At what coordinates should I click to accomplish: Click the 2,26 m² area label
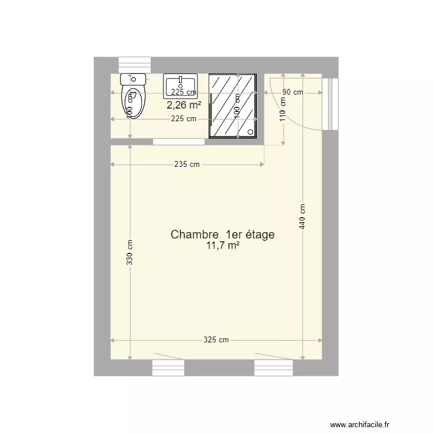[184, 105]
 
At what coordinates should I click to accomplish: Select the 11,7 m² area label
[222, 245]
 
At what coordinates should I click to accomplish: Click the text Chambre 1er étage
[222, 234]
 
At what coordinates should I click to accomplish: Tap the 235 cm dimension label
[186, 165]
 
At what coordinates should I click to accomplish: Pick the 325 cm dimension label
[215, 340]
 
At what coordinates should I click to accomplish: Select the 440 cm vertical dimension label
[302, 218]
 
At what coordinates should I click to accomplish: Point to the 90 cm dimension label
[293, 92]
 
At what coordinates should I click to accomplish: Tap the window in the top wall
[135, 65]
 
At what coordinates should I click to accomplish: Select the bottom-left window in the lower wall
[168, 367]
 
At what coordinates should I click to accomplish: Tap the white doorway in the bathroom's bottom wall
[179, 141]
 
